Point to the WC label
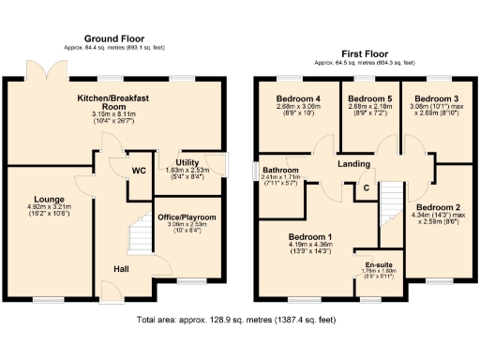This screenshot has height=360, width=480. [138, 171]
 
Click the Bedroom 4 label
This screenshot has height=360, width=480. [298, 98]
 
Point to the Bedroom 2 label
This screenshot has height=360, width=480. [437, 207]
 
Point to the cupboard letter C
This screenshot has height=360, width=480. [367, 187]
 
